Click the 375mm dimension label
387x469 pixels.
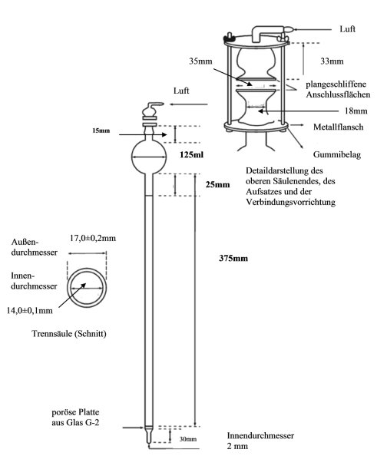(x=233, y=258)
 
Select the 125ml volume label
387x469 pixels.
(x=191, y=154)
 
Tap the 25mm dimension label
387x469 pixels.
(x=217, y=184)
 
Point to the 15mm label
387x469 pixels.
(x=101, y=130)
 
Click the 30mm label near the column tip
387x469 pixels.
(x=188, y=439)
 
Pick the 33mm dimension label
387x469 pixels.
(x=332, y=61)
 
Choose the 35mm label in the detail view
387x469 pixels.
(x=200, y=61)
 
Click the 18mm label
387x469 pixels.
(x=356, y=111)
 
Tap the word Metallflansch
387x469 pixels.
(x=338, y=127)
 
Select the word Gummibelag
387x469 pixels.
(x=337, y=154)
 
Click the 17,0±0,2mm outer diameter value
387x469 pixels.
(x=93, y=238)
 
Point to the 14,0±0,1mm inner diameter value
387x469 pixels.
(x=30, y=310)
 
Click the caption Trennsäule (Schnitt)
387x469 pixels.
(x=69, y=333)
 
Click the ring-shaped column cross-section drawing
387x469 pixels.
(x=87, y=269)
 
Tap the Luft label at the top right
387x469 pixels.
(x=348, y=29)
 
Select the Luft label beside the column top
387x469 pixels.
(x=181, y=91)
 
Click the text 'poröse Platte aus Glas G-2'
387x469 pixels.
(x=75, y=418)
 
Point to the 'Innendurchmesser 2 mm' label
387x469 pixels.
(x=260, y=441)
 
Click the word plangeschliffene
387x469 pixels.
(x=336, y=84)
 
